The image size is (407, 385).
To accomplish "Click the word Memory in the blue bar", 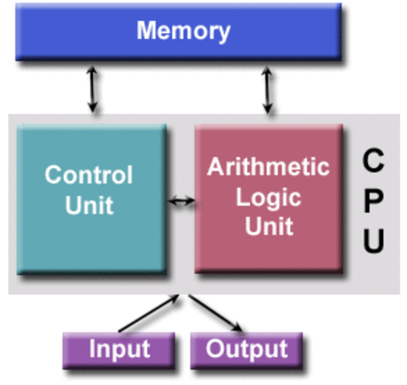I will [x=183, y=31].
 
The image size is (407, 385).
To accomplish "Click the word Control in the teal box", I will [x=88, y=175].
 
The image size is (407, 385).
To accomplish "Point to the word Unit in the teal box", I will [x=89, y=205].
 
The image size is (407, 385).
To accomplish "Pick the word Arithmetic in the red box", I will [x=268, y=167].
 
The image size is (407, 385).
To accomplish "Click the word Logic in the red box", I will [x=268, y=197].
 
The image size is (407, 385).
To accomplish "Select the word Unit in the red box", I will [x=268, y=227].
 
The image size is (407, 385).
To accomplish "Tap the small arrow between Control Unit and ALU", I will [x=182, y=201].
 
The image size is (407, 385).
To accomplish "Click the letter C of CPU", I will [x=373, y=160].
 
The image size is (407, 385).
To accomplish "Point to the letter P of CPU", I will [x=373, y=200].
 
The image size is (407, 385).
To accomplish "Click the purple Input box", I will [x=119, y=349].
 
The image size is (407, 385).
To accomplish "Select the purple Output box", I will [x=247, y=349].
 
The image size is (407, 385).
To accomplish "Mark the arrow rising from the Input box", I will [x=149, y=314].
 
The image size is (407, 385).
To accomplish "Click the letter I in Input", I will [x=91, y=349].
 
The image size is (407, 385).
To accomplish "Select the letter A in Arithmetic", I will [x=215, y=167].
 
